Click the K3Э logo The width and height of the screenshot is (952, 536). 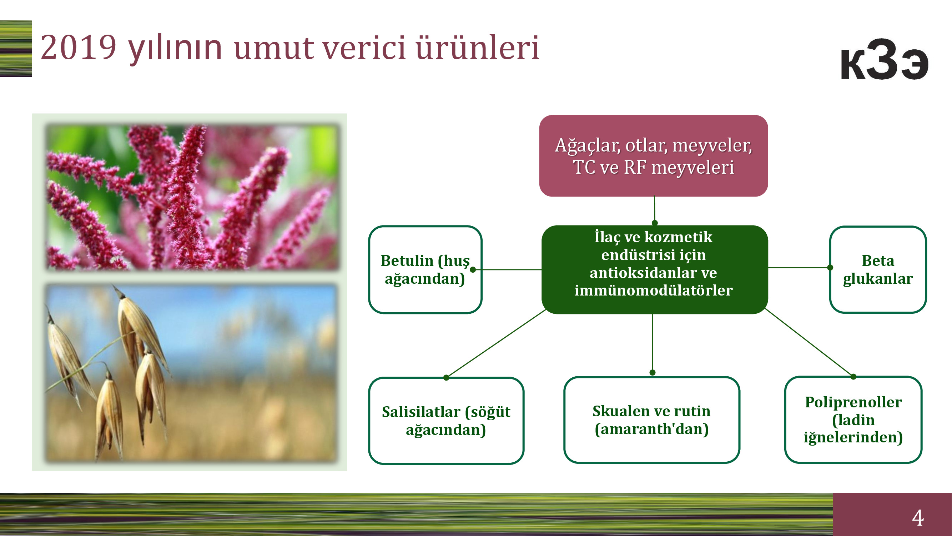point(885,59)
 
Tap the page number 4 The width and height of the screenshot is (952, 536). point(918,517)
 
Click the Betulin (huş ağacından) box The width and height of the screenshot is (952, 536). point(425,270)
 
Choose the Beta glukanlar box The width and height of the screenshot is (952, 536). point(878,270)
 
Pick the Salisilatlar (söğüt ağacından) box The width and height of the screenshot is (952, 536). point(446,421)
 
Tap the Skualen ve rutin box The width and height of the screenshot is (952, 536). point(651,420)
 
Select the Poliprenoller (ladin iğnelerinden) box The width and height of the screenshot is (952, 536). point(853,420)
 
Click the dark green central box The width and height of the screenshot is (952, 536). point(655,270)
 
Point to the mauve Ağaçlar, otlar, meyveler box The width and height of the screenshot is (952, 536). point(653,156)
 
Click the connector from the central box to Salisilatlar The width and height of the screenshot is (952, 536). point(496,343)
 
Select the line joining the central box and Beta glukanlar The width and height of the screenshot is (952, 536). point(799,267)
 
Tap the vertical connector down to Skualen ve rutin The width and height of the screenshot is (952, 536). point(653,343)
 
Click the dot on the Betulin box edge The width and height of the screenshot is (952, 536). point(473,270)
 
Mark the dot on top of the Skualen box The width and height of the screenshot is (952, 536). point(653,372)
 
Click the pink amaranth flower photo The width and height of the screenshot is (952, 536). point(191,197)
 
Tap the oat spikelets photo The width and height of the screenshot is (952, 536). point(191,373)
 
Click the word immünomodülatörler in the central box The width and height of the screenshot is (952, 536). point(653,291)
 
